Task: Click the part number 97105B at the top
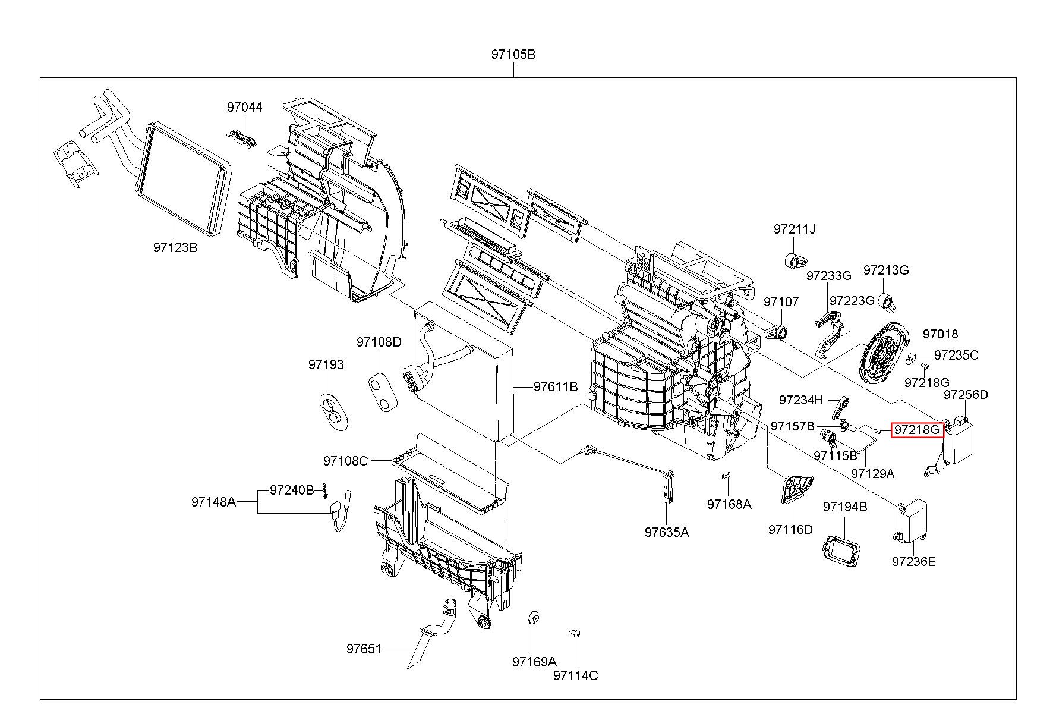tap(513, 54)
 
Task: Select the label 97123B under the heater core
tap(175, 247)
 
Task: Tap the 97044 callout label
tap(244, 107)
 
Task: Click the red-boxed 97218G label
tap(918, 429)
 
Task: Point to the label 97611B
tap(556, 386)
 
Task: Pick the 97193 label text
tap(326, 364)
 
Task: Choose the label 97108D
tap(379, 342)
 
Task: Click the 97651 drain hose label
tap(364, 649)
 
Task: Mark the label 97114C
tap(575, 675)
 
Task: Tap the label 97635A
tap(667, 532)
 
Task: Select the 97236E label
tap(913, 561)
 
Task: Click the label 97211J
tap(795, 229)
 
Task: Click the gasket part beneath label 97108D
tap(383, 390)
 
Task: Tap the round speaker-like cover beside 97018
tap(885, 351)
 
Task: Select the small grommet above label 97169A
tap(532, 619)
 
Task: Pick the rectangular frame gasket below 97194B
tap(840, 550)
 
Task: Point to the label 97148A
tap(213, 502)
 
